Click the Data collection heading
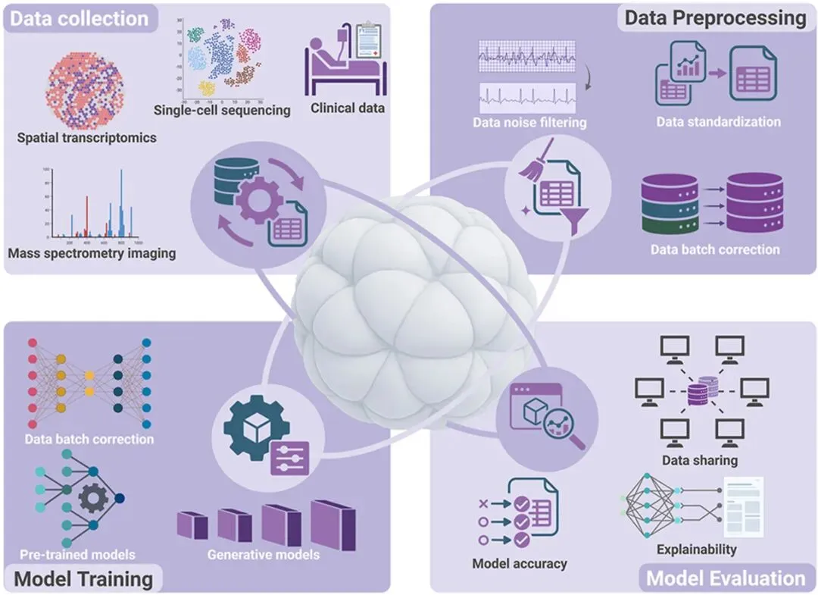(80, 18)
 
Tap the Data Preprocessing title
(715, 17)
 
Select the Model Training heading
(84, 579)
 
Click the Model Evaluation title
(726, 579)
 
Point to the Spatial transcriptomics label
(87, 138)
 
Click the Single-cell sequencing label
(222, 110)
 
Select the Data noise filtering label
(529, 122)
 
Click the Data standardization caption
(718, 121)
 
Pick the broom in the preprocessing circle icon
(529, 164)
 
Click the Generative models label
(264, 555)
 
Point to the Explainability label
(697, 550)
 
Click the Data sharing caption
(699, 460)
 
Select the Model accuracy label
(519, 563)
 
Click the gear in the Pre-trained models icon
(94, 498)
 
